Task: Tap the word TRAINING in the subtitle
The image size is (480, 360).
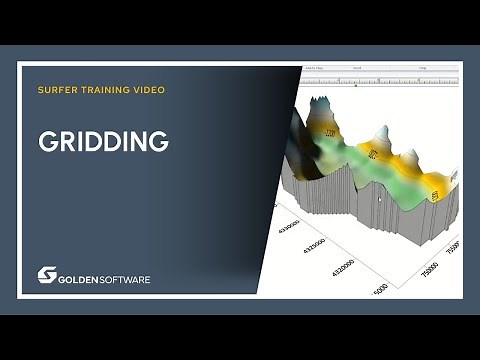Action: coord(103,90)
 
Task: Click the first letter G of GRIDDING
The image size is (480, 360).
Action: coord(47,142)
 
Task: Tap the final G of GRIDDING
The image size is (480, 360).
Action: coord(158,142)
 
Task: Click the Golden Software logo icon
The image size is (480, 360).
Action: coord(47,274)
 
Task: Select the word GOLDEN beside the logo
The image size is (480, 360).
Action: coord(81,279)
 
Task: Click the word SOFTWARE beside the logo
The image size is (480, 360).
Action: coord(126,279)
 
